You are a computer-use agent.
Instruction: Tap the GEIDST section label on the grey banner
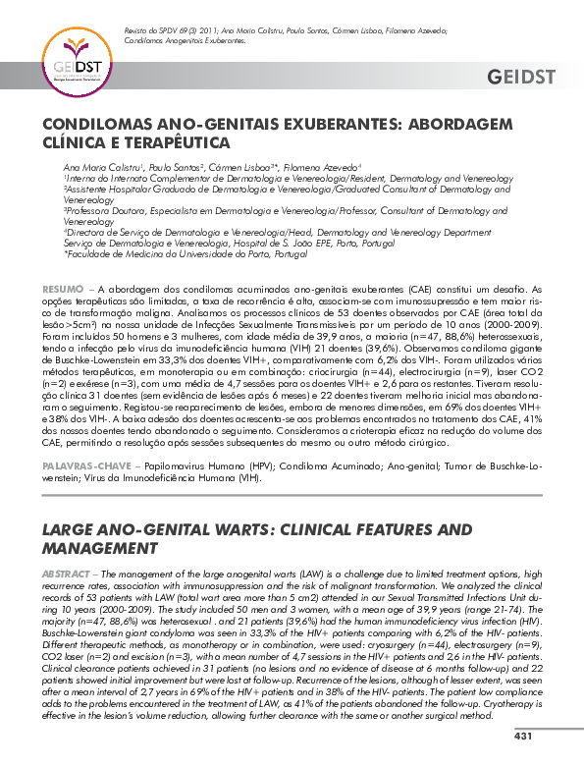520,78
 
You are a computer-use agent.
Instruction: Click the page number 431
522,737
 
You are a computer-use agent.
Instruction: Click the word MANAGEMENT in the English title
99,547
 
